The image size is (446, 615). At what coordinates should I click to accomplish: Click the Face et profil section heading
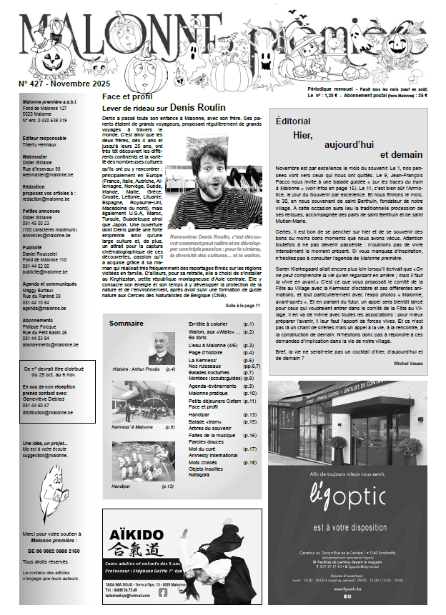click(x=126, y=95)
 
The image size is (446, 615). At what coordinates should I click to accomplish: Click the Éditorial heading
click(x=293, y=121)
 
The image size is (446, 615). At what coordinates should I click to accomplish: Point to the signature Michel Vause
click(x=408, y=363)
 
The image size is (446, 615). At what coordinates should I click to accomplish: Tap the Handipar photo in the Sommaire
click(x=139, y=461)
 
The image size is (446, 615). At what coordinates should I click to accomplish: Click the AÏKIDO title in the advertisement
click(x=135, y=534)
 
